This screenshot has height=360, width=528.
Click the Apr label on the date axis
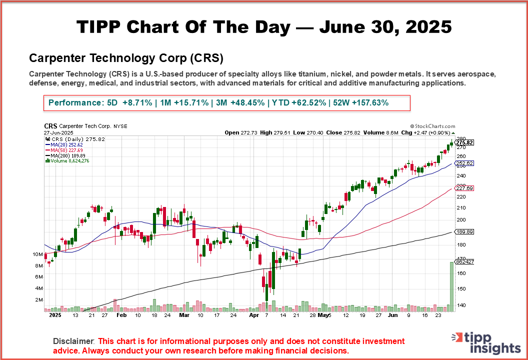click(253, 316)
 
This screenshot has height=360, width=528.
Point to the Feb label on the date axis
click(121, 316)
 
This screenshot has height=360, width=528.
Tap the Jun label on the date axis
click(393, 316)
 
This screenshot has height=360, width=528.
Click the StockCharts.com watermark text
click(432, 127)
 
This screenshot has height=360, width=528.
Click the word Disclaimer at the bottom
click(74, 341)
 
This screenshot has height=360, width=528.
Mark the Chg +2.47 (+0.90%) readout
click(428, 132)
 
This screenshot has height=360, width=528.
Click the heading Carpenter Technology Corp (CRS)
click(126, 57)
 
